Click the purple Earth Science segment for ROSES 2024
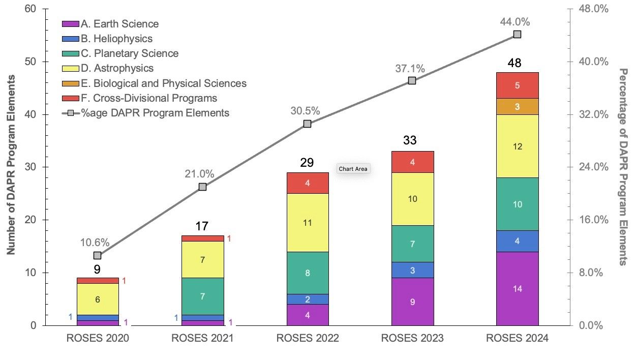click(x=517, y=288)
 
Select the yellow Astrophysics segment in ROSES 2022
click(x=308, y=222)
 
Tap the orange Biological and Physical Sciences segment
click(x=517, y=106)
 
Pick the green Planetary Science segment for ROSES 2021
click(x=202, y=296)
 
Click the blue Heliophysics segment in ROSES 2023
click(x=412, y=270)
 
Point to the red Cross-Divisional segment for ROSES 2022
click(x=308, y=183)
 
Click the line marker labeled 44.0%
click(x=517, y=34)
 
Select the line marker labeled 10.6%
click(x=98, y=255)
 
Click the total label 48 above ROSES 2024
click(x=517, y=64)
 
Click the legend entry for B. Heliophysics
click(x=116, y=39)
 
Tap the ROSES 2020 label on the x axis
click(x=98, y=338)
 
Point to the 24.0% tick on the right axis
click(x=591, y=167)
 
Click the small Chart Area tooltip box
click(x=353, y=168)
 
